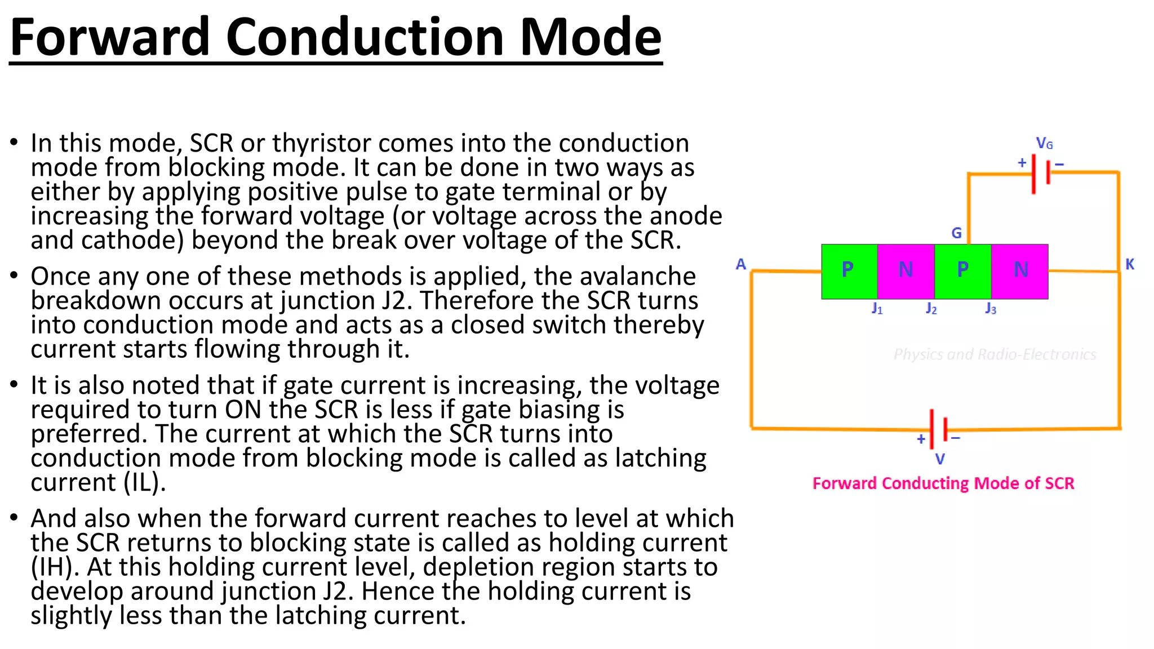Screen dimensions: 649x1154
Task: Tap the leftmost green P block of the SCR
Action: click(849, 270)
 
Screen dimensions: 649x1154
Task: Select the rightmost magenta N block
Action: click(1020, 270)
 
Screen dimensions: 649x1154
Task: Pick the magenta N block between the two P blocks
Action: click(906, 270)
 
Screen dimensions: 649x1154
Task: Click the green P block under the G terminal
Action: click(962, 270)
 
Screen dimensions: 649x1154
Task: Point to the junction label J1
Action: click(877, 309)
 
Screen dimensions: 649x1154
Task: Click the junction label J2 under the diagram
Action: click(931, 309)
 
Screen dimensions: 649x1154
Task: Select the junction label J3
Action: click(991, 309)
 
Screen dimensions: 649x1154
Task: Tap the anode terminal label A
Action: click(741, 264)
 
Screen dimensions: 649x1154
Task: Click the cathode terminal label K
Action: click(1130, 264)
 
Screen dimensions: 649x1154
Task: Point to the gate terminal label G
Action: click(956, 233)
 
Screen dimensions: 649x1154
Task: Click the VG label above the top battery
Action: click(1044, 144)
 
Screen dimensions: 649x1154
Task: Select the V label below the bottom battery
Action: click(940, 459)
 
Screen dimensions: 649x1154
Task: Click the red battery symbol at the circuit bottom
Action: click(938, 429)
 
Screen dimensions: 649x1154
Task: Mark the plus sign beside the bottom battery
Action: click(921, 439)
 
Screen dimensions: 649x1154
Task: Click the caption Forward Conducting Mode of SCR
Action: click(943, 483)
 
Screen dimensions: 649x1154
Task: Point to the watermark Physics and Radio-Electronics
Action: click(995, 354)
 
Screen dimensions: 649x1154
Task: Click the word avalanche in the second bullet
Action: click(615, 277)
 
